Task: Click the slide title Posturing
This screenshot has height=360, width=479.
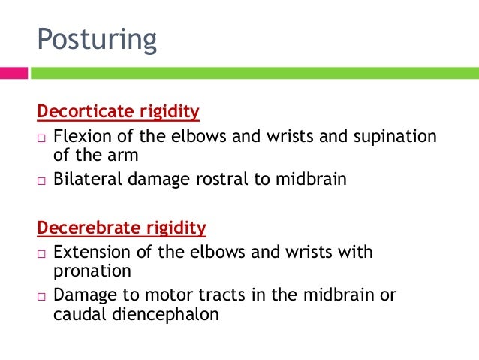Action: (97, 39)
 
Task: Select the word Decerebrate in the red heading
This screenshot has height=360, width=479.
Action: (86, 227)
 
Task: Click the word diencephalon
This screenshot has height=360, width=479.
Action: (160, 314)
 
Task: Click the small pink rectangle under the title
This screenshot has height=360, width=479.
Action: (14, 73)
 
